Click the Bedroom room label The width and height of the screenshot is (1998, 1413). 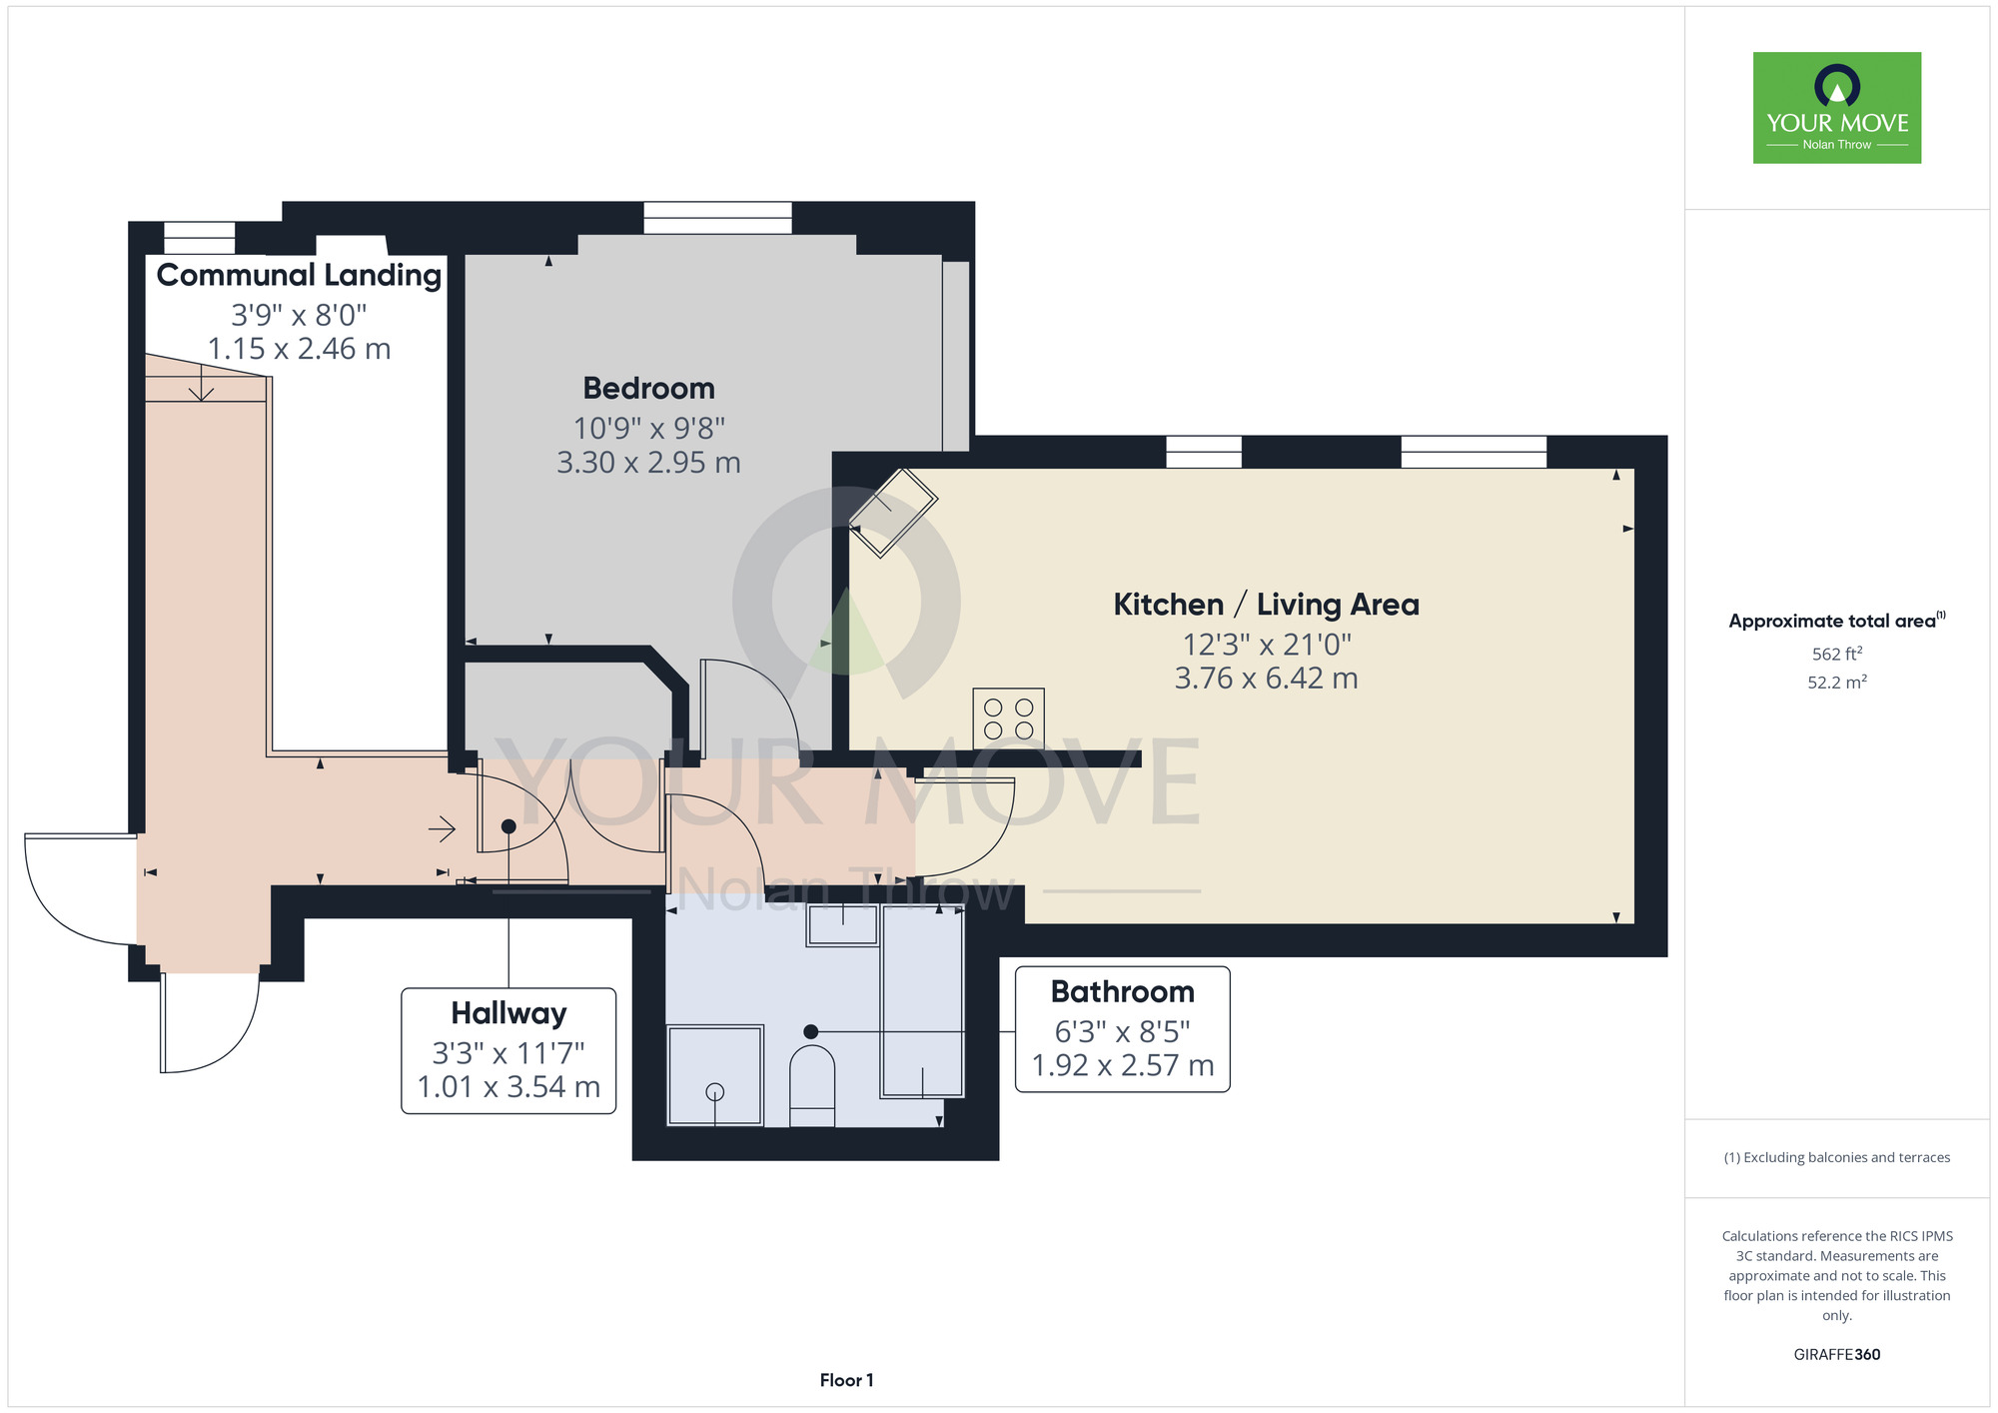click(x=648, y=388)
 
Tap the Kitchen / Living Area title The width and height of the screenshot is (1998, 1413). click(x=1266, y=605)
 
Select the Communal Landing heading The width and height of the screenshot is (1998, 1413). click(x=299, y=275)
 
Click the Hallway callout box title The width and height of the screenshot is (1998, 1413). click(x=508, y=1013)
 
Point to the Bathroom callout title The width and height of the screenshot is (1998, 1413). click(x=1122, y=991)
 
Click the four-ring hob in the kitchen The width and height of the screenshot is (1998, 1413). click(x=1008, y=718)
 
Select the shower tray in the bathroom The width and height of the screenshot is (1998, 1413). click(x=715, y=1075)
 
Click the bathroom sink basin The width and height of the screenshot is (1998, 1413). click(x=843, y=925)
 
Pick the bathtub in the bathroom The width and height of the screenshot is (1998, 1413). click(x=922, y=1001)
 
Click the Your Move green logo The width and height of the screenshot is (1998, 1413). click(x=1837, y=108)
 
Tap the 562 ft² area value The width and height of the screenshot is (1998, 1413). click(x=1837, y=654)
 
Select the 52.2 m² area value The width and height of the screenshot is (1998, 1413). click(x=1837, y=683)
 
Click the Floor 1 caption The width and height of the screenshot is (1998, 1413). click(x=846, y=1380)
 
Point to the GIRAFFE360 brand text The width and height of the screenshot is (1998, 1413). click(x=1837, y=1355)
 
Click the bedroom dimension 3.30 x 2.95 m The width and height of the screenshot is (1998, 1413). click(x=648, y=463)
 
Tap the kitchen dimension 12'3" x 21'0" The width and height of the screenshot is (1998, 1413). click(x=1266, y=645)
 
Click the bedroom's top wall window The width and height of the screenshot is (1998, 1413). click(x=717, y=218)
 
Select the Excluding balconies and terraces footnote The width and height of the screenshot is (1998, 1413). click(x=1837, y=1157)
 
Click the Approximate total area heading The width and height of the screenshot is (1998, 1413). click(x=1837, y=621)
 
